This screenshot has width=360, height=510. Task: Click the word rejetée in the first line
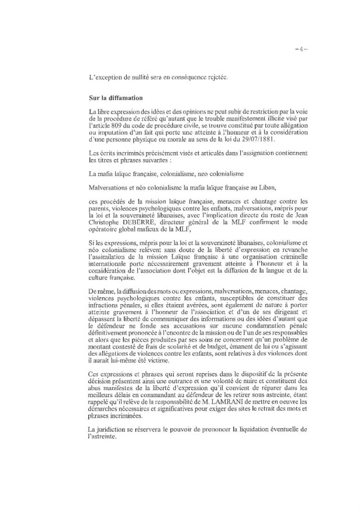click(x=201, y=77)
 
